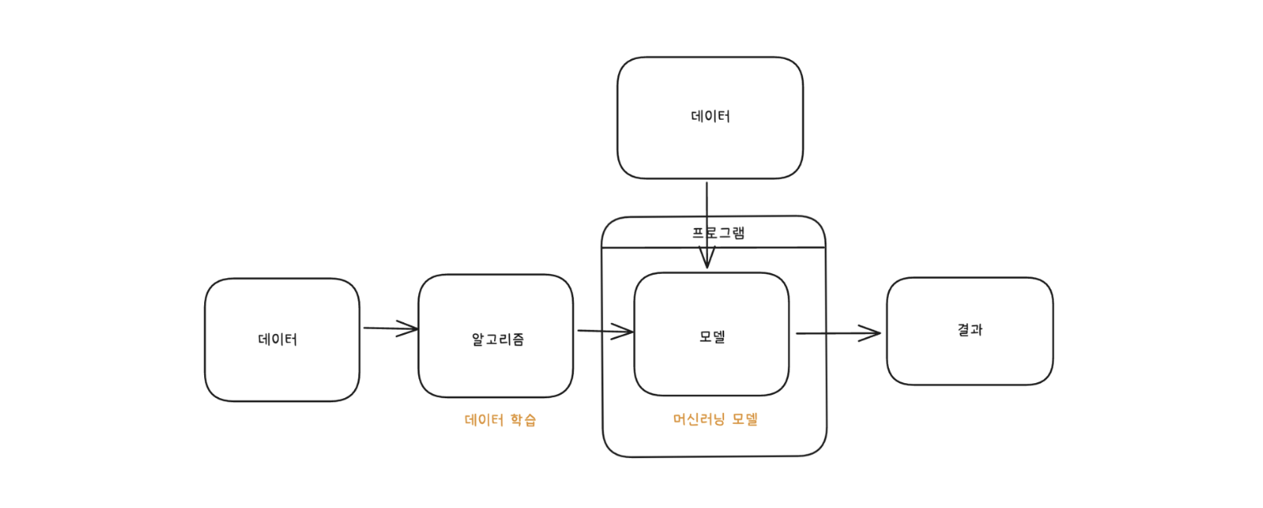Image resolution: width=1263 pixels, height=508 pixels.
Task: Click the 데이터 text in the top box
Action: tap(710, 117)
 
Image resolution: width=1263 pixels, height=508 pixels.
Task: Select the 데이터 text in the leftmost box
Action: tap(277, 340)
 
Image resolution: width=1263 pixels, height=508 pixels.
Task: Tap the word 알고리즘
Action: tap(497, 340)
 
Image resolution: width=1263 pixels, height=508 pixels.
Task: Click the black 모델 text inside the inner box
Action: tap(712, 337)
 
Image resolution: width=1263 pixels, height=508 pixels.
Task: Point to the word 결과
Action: tap(970, 330)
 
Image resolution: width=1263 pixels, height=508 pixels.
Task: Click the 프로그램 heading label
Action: tap(718, 232)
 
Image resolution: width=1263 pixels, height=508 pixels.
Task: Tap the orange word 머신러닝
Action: tap(698, 420)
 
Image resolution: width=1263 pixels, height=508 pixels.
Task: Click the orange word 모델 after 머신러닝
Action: tap(745, 420)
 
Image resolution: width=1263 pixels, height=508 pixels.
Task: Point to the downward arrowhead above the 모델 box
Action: tap(706, 258)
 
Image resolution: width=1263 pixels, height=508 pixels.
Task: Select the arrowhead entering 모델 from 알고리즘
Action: tap(624, 332)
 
